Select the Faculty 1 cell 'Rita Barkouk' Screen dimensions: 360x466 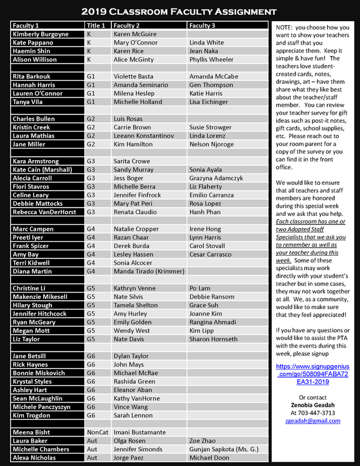(x=33, y=76)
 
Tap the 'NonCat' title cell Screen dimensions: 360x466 (x=97, y=433)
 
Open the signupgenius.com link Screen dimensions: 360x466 (x=312, y=373)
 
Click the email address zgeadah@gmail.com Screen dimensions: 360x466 (x=312, y=421)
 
